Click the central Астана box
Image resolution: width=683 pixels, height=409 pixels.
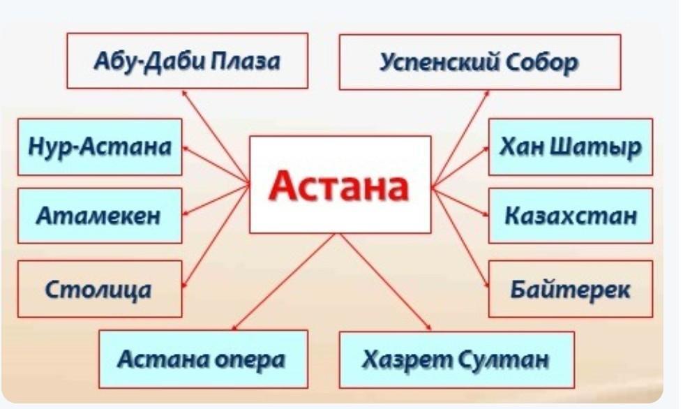[340, 184]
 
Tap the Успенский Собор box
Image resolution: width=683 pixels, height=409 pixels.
[479, 62]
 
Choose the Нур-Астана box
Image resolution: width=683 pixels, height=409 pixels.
[99, 147]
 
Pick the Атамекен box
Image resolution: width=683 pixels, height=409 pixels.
[99, 216]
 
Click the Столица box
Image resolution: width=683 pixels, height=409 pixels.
[99, 288]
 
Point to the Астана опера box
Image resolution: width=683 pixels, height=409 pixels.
[202, 359]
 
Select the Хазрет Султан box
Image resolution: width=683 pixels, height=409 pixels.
[456, 359]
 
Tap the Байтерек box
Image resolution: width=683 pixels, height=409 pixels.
[570, 288]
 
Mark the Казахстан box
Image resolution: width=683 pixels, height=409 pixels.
[570, 215]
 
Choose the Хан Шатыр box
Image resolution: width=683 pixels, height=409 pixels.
[570, 147]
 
